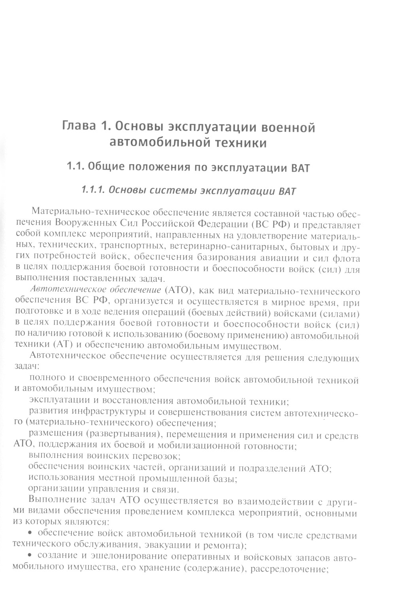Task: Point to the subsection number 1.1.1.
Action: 92,190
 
